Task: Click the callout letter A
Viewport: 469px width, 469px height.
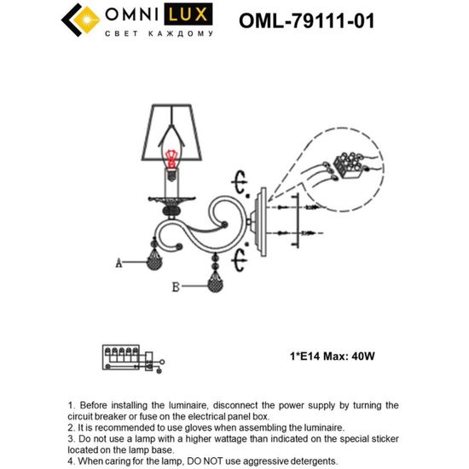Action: (119, 263)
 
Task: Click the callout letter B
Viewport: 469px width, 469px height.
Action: (175, 288)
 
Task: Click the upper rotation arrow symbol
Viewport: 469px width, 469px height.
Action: (240, 184)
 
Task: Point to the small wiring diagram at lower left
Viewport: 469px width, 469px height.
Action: (128, 357)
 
